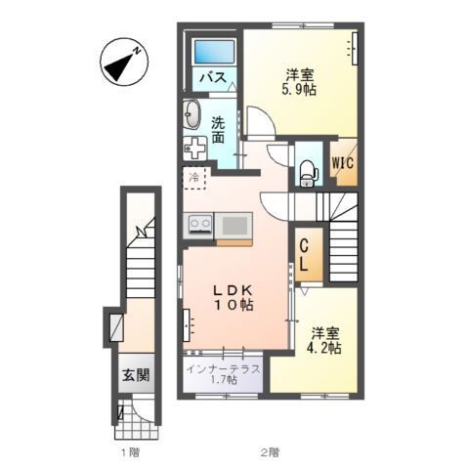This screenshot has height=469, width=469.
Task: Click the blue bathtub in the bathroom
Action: (x=214, y=52)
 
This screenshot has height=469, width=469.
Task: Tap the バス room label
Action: (x=213, y=77)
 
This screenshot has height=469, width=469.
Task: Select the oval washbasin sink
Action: (x=192, y=114)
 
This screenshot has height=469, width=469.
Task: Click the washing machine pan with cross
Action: (x=194, y=149)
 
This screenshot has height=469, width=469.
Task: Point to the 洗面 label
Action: (x=218, y=130)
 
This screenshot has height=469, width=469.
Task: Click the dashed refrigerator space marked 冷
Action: (x=194, y=178)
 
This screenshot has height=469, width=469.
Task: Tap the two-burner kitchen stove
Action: (x=198, y=225)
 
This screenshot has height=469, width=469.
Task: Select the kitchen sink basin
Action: (x=234, y=226)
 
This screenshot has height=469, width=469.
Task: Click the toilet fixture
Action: (x=307, y=173)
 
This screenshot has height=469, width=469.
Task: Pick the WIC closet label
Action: (x=343, y=162)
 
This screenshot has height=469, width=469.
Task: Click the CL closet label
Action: (x=304, y=255)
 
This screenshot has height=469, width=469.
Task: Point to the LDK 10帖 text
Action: (x=234, y=297)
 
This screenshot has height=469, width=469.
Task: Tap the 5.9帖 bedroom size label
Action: (x=299, y=90)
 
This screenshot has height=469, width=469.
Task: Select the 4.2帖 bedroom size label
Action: (x=324, y=348)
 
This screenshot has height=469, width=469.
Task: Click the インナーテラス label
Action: (x=223, y=369)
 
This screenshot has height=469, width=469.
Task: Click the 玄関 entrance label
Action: (x=136, y=375)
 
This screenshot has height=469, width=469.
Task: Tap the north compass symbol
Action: (x=124, y=62)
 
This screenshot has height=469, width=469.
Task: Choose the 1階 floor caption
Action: (x=130, y=452)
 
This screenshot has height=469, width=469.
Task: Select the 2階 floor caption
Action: (x=270, y=452)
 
